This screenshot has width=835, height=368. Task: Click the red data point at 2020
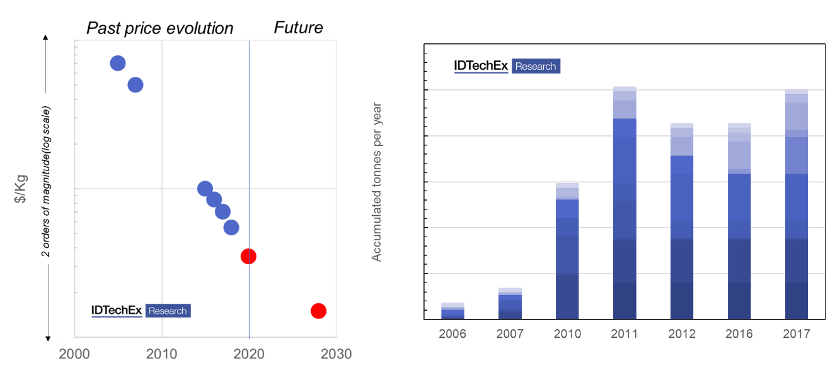click(248, 256)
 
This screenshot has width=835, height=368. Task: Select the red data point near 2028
click(318, 311)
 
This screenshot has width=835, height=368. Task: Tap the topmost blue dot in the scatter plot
click(117, 63)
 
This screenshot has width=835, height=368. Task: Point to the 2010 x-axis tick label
click(162, 354)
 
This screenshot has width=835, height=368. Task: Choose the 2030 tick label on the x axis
click(337, 354)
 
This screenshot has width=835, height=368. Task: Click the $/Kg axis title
click(21, 190)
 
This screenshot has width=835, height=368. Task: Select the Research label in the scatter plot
click(168, 311)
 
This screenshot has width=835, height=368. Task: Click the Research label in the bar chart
click(536, 66)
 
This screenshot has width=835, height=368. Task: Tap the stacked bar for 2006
click(452, 311)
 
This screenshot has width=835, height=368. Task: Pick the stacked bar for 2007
click(510, 303)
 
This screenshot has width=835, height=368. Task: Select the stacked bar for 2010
click(567, 252)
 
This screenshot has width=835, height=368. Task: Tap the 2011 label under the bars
click(625, 333)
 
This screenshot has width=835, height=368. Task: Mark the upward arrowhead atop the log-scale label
click(46, 38)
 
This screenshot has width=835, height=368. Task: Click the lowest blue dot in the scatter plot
click(231, 227)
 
